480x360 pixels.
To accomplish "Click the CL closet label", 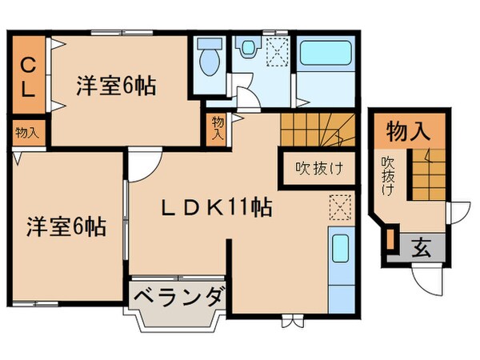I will point(27,76).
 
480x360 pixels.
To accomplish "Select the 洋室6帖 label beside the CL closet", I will point(116,85).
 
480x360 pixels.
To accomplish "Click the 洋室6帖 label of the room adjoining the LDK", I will point(66,225).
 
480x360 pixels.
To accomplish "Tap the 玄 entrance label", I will point(422,247).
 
